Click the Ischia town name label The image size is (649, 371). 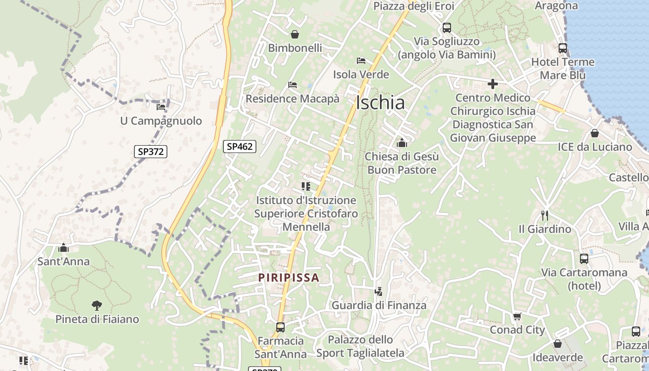(380, 102)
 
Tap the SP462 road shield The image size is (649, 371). (240, 147)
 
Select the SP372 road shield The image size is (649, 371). (151, 151)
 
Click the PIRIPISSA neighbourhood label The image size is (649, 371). (289, 278)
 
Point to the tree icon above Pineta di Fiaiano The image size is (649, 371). (96, 305)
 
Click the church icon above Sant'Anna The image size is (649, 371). (64, 248)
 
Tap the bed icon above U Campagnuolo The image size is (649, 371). (161, 107)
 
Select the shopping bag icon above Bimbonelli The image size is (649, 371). (294, 34)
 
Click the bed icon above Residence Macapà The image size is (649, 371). (293, 84)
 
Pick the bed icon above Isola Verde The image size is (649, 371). (361, 60)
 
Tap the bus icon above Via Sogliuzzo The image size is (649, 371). (446, 27)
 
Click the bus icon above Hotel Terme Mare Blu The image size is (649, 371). (562, 48)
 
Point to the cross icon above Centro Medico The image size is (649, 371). (492, 84)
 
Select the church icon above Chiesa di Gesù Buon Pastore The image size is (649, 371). (401, 143)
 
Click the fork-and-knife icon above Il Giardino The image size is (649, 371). (545, 215)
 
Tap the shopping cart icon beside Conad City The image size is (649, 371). (517, 316)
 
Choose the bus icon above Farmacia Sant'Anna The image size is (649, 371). (280, 327)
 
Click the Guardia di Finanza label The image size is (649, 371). (379, 305)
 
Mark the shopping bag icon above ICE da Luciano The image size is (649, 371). (594, 133)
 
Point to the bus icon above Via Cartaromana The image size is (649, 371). (584, 258)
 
